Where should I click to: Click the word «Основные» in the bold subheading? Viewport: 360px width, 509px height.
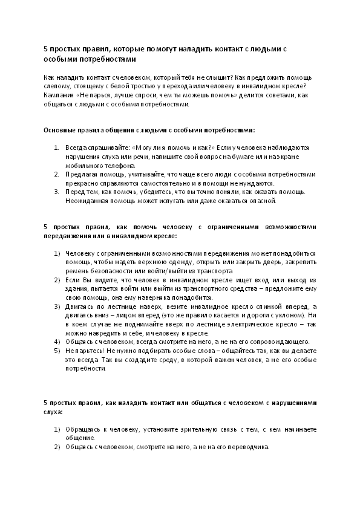pyautogui.click(x=59, y=130)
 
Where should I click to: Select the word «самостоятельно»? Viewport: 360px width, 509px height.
pyautogui.click(x=177, y=183)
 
